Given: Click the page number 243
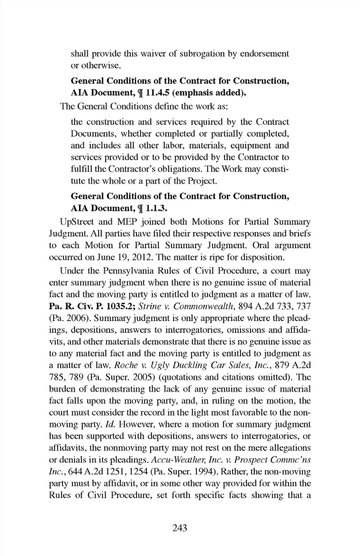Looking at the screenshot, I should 180,528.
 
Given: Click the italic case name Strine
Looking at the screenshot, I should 150,306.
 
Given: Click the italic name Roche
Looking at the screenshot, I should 125,365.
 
